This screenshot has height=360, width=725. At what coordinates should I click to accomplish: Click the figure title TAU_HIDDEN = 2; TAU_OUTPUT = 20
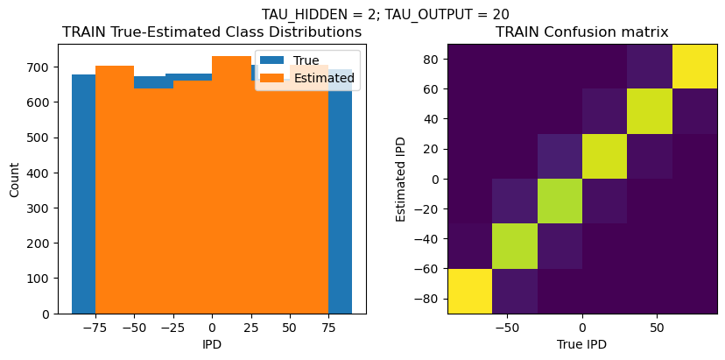point(385,14)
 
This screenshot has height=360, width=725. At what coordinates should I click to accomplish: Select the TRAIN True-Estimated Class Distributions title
point(212,32)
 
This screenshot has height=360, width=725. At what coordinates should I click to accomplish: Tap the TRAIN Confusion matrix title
point(582,32)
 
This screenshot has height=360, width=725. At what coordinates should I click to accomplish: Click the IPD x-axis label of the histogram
point(212,344)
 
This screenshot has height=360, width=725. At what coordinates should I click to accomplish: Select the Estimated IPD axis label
point(402,179)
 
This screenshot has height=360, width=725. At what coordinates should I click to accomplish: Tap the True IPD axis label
point(582,344)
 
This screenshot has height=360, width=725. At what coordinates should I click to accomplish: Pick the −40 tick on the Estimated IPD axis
point(427,238)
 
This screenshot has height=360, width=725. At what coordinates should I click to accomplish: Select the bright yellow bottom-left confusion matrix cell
point(469,291)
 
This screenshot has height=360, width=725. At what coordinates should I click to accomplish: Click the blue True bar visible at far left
point(83,193)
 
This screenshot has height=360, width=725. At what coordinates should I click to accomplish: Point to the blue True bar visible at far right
point(341,193)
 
